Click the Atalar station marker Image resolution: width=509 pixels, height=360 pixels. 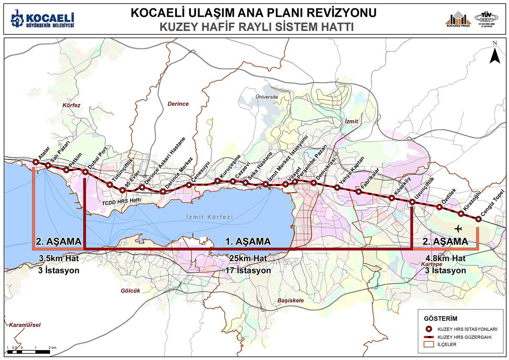36,162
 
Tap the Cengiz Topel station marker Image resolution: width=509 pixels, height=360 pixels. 478,219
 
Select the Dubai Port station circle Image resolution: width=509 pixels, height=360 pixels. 86,172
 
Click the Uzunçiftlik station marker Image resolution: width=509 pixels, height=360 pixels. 412,202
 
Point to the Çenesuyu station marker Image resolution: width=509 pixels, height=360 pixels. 189,185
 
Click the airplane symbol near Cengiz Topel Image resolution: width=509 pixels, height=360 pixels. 458,229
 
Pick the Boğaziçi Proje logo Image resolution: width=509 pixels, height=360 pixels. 458,19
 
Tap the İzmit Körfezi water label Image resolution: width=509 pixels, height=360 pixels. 210,217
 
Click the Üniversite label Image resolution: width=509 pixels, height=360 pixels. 266,97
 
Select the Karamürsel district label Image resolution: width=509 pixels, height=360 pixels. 24,325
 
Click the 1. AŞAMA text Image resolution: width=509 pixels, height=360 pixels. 248,242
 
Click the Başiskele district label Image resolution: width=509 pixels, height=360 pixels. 291,300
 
